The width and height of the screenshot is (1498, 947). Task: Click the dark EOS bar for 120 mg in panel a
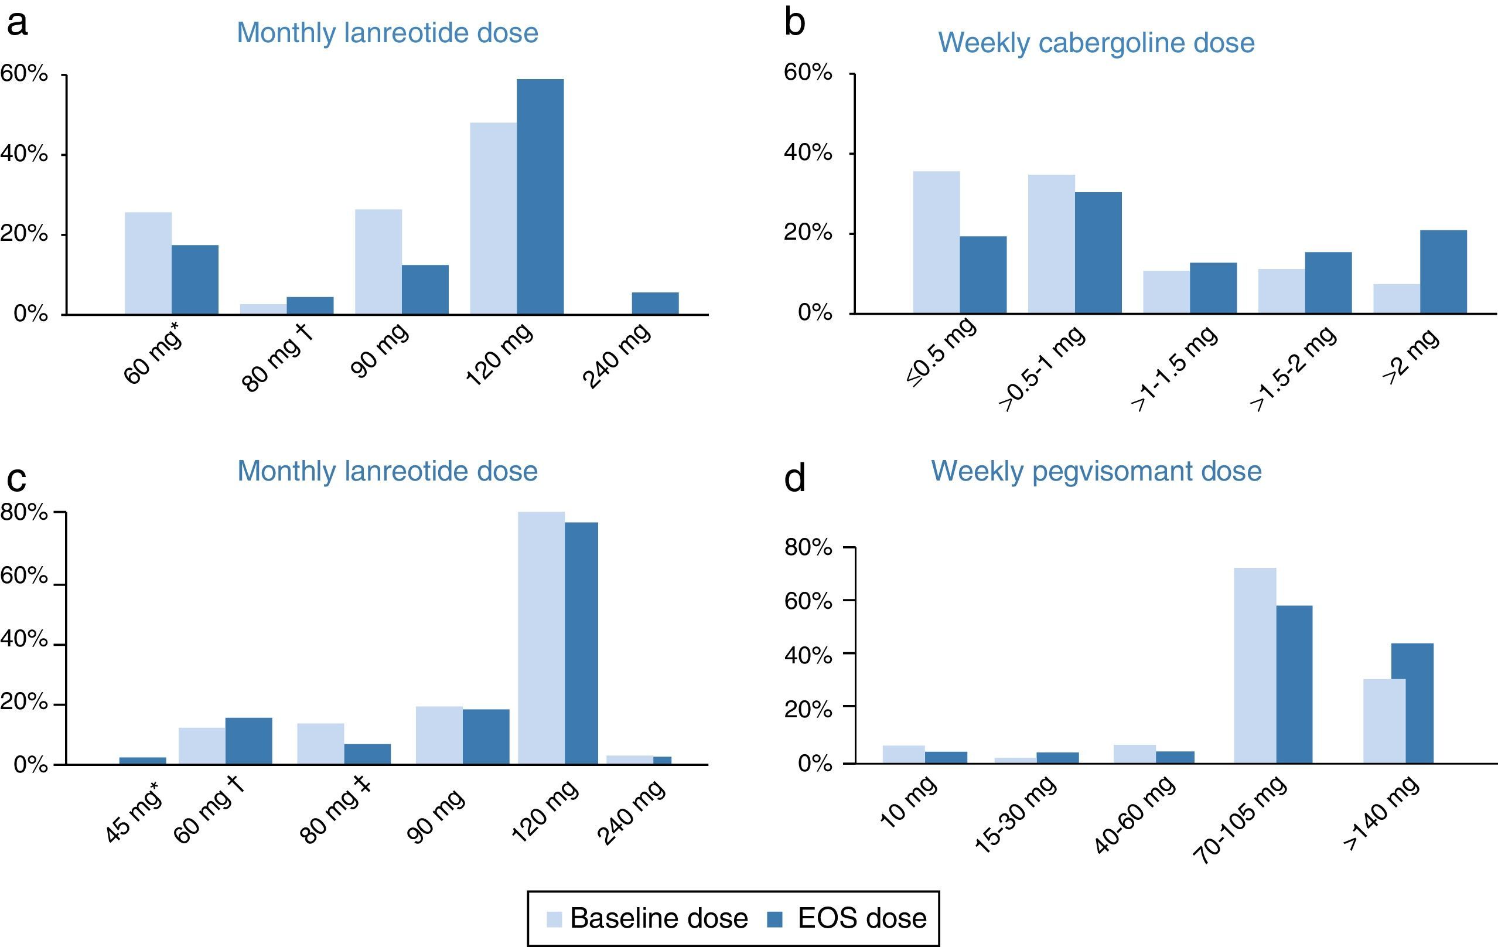[x=540, y=197]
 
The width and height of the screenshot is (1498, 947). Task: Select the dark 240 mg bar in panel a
[x=655, y=304]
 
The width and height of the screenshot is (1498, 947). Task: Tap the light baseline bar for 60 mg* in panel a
[x=148, y=263]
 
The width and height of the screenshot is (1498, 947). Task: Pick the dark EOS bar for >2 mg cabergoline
[x=1444, y=272]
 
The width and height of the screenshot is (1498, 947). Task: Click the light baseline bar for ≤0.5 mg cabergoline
[x=936, y=242]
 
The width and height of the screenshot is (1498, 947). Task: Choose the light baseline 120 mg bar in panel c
[x=541, y=638]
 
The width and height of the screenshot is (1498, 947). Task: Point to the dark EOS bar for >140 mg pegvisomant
[x=1412, y=703]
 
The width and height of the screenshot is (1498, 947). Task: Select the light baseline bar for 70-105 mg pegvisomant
[x=1255, y=665]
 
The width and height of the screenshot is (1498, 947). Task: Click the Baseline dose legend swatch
[x=554, y=919]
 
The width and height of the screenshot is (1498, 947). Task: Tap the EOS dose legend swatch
[x=774, y=919]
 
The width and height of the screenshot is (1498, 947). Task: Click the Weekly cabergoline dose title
[x=1096, y=42]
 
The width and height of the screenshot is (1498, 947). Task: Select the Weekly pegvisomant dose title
[x=1096, y=471]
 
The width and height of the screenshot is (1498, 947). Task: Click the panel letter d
[x=795, y=478]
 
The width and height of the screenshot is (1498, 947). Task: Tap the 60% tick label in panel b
[x=807, y=73]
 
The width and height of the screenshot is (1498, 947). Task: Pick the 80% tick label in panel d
[x=807, y=547]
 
